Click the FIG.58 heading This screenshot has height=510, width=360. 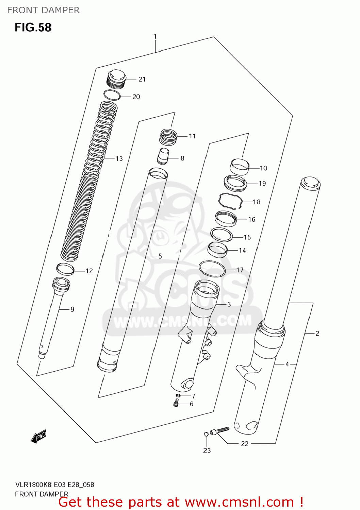(33, 27)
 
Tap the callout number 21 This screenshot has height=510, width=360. (142, 79)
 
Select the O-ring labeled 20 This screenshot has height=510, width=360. (112, 95)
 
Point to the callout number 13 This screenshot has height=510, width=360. (119, 158)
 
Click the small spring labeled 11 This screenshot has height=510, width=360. (168, 136)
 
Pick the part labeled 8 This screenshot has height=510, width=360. (163, 156)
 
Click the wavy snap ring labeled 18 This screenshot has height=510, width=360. (231, 201)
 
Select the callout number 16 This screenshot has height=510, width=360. (251, 219)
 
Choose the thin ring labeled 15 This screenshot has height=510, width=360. (222, 235)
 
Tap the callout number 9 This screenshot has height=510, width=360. (72, 309)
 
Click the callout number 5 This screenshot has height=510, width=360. (160, 256)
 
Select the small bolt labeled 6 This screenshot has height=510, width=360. (176, 404)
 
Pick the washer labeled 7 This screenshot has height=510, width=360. (178, 395)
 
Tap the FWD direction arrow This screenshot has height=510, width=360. (38, 437)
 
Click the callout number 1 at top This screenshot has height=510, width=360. (155, 36)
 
